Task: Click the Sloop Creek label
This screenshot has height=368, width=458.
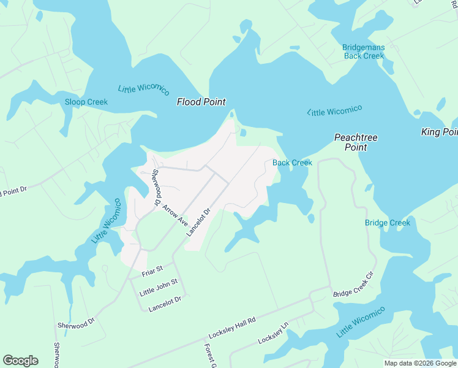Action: click(x=86, y=102)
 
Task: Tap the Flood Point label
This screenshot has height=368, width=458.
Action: click(x=201, y=102)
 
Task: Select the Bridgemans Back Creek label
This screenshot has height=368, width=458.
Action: click(x=363, y=51)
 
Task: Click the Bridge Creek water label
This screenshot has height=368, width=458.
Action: click(x=387, y=223)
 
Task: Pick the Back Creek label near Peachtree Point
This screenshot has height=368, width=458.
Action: click(x=292, y=163)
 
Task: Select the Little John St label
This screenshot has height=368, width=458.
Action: click(x=158, y=286)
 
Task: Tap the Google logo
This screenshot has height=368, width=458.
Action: click(x=20, y=361)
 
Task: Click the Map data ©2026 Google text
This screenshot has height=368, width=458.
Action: click(x=420, y=363)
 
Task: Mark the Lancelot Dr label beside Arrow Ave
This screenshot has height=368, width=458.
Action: click(x=198, y=221)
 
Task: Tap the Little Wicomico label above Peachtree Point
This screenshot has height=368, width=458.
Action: click(x=334, y=110)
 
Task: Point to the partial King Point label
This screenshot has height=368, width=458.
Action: click(x=439, y=132)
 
